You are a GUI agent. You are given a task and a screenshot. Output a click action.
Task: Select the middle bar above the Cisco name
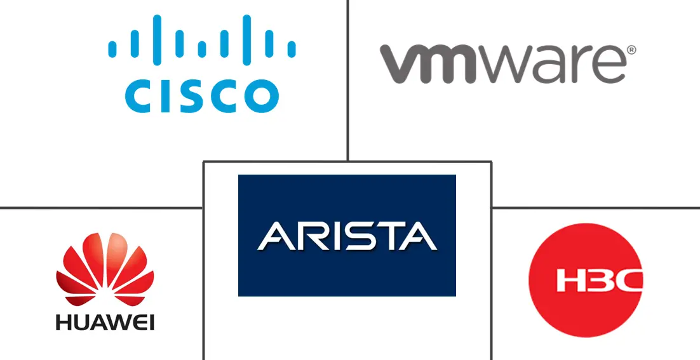click(201, 48)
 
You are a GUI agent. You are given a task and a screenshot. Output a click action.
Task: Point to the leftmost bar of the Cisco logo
click(112, 49)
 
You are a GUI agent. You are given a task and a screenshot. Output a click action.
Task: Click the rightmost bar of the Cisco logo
click(292, 49)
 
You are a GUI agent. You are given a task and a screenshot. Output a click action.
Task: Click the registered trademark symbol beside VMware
click(631, 50)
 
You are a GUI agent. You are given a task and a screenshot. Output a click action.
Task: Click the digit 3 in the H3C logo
click(598, 281)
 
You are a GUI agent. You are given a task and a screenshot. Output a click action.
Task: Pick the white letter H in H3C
click(571, 281)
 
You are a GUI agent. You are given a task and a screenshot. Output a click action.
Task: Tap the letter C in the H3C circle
click(627, 281)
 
